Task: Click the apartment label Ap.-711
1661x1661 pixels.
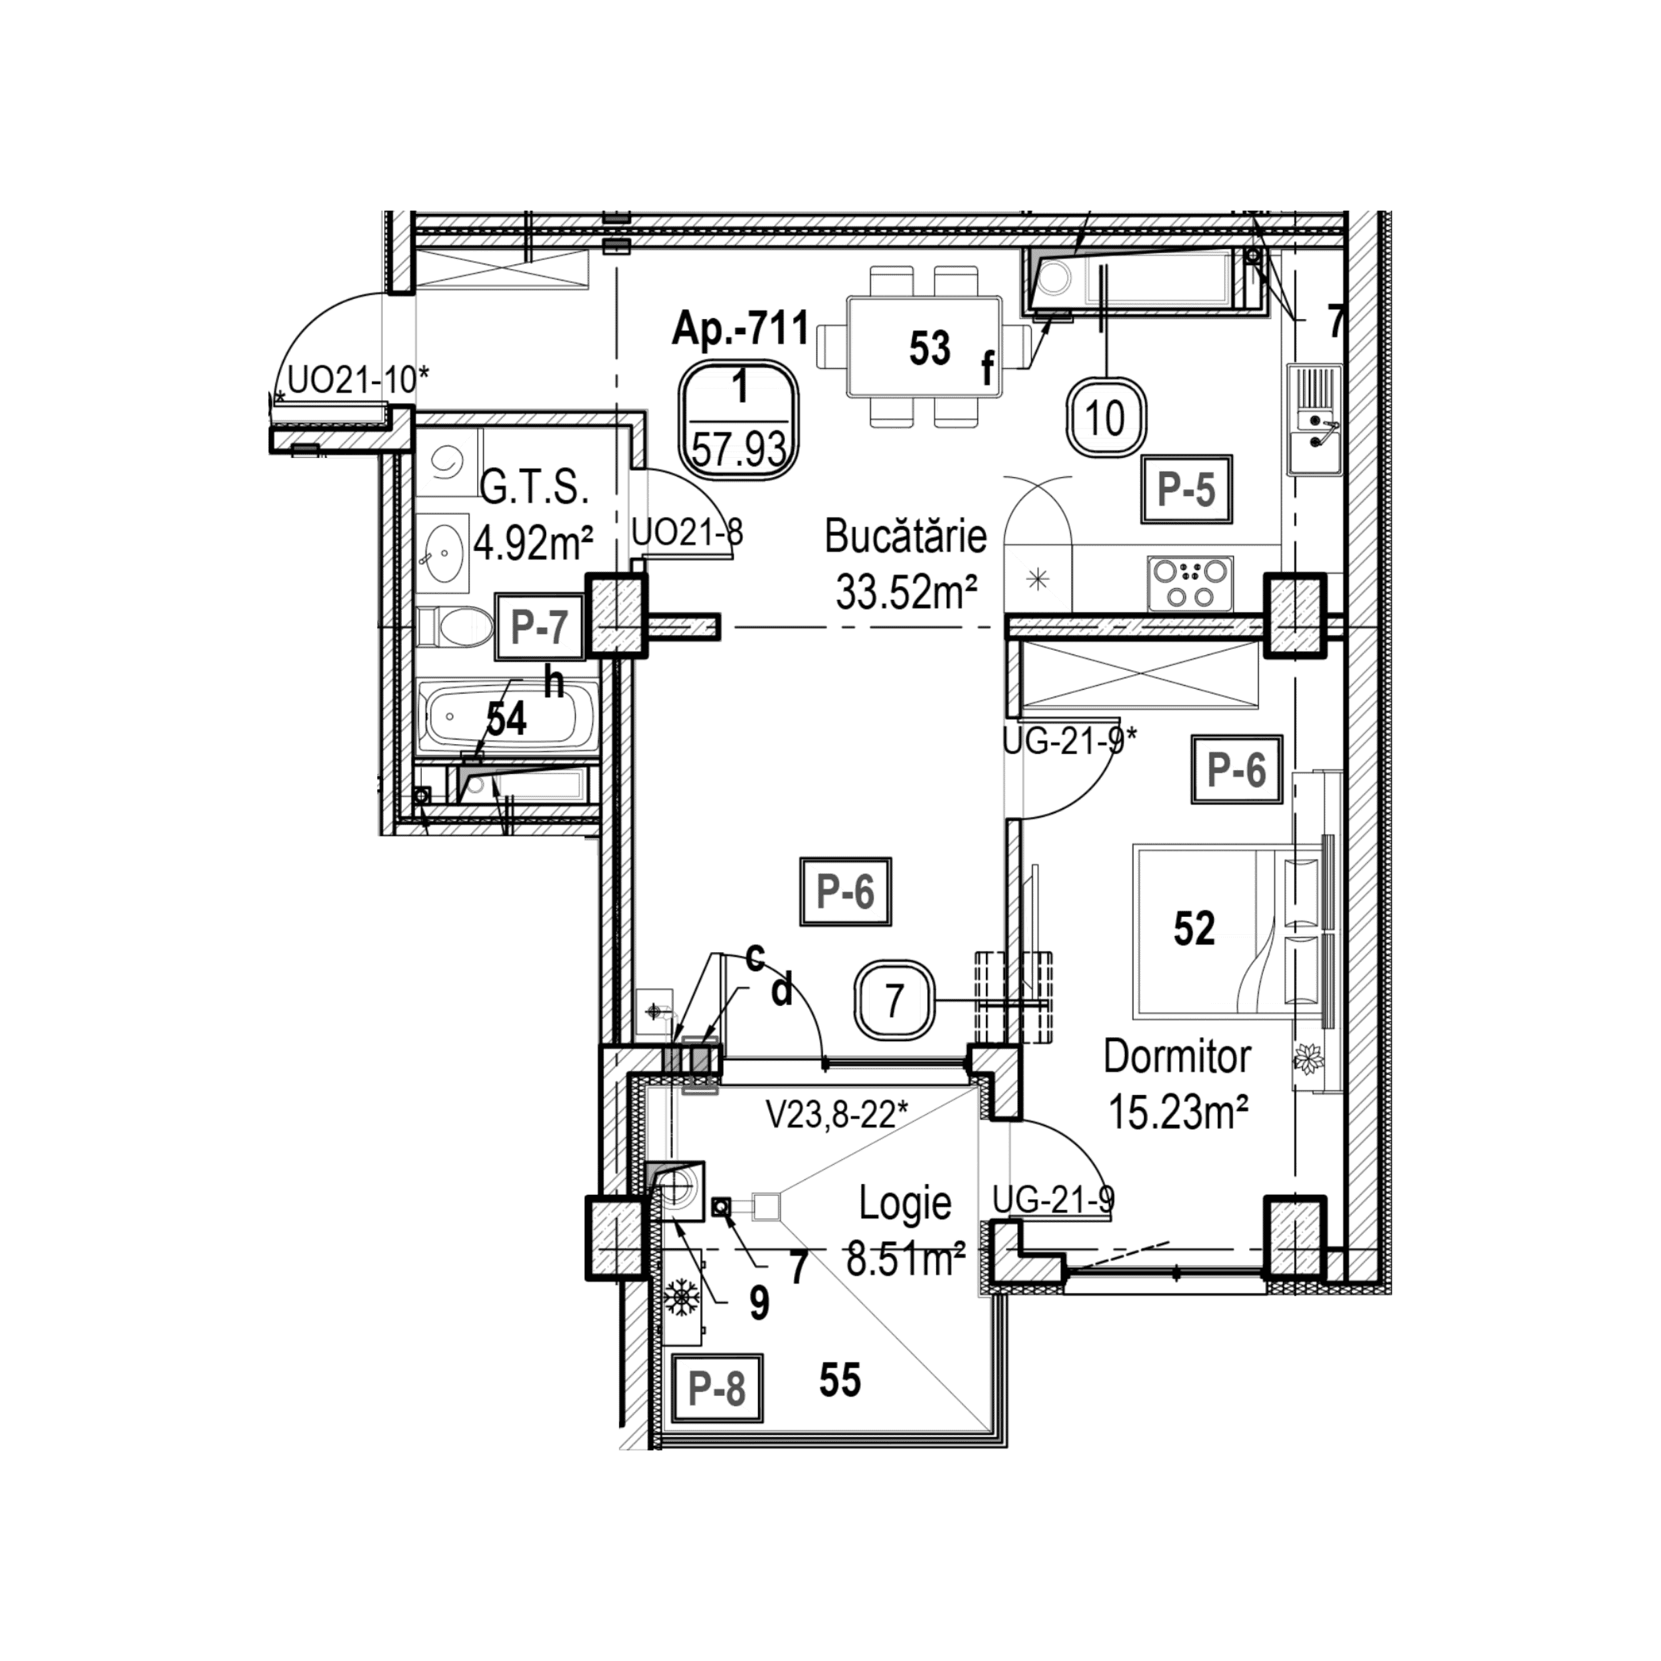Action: (x=740, y=330)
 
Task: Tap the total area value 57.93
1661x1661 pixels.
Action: (x=739, y=448)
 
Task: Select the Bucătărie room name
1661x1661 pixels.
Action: (x=906, y=537)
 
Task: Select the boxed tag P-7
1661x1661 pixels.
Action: (x=539, y=627)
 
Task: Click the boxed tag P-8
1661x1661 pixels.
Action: (x=716, y=1389)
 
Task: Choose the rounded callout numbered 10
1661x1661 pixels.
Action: (x=1106, y=419)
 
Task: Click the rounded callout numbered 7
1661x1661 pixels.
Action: (x=894, y=1001)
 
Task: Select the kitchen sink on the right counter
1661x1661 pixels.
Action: (x=1315, y=419)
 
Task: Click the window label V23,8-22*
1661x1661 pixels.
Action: (x=837, y=1118)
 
